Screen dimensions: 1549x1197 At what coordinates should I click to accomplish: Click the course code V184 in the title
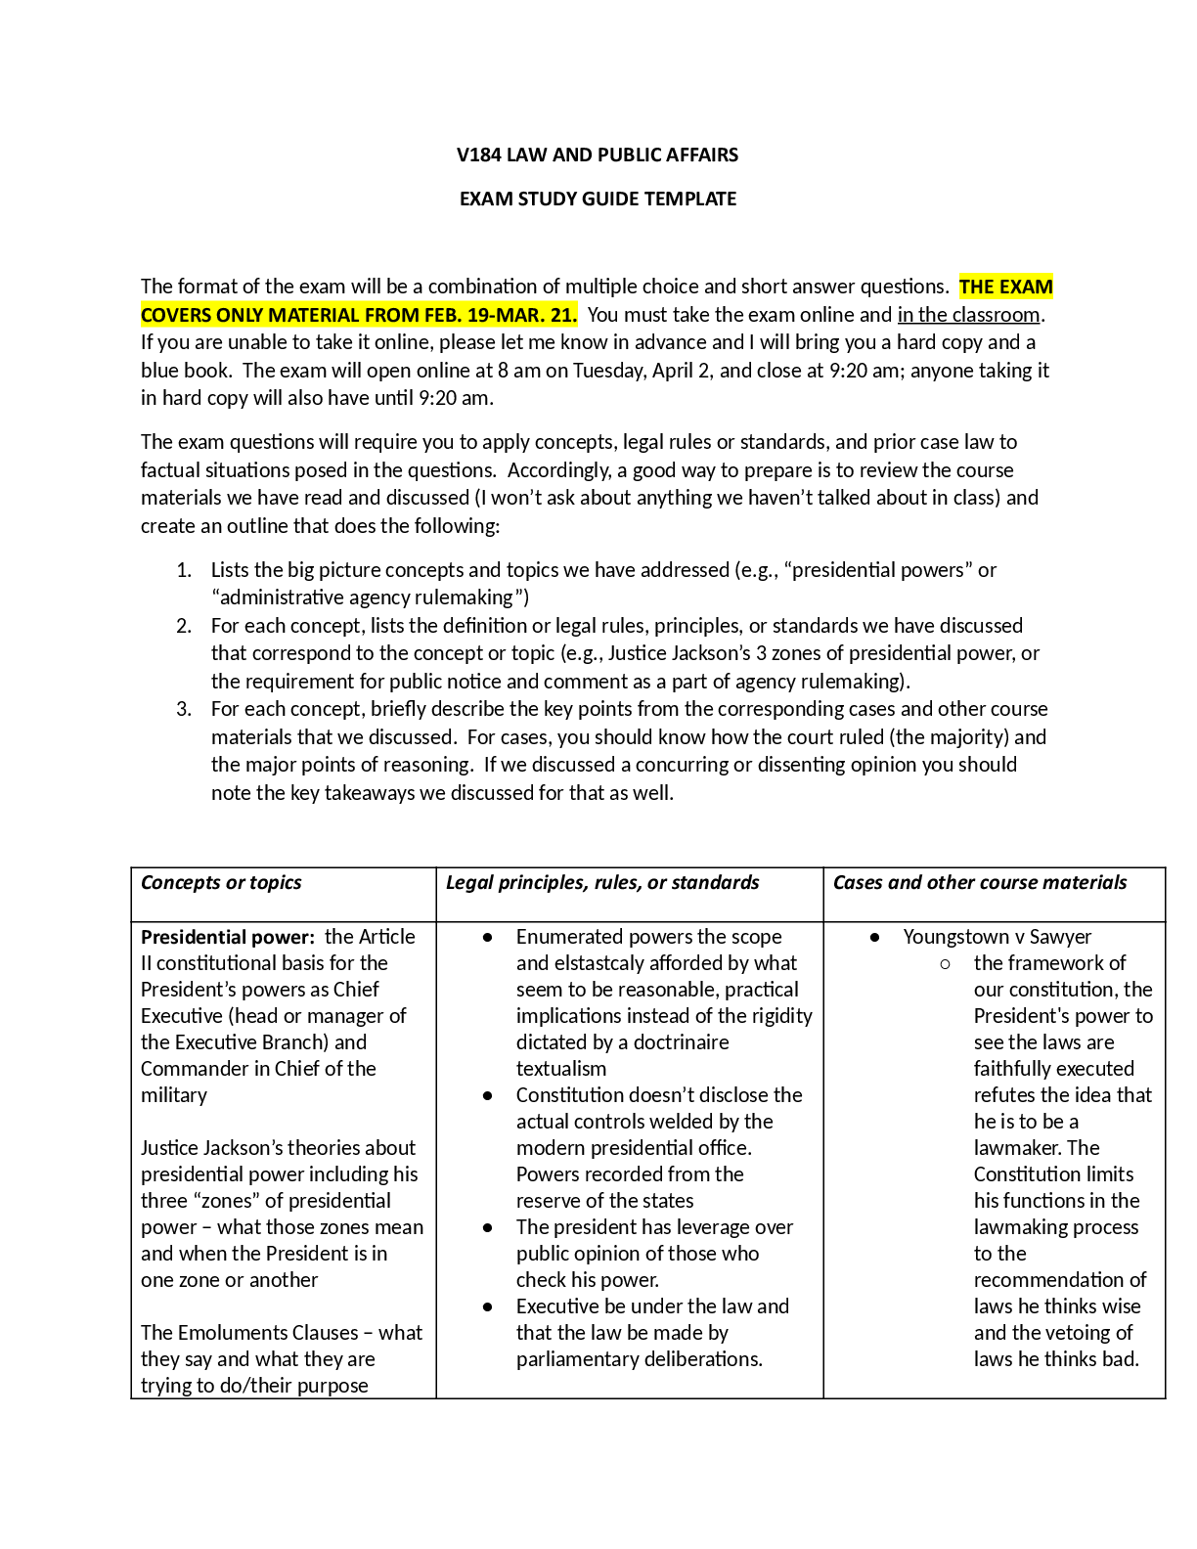point(478,155)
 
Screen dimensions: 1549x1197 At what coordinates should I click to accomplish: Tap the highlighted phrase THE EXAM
point(1005,287)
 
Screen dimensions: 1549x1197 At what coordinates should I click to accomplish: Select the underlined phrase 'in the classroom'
point(968,315)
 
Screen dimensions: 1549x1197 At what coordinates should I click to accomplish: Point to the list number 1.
point(184,570)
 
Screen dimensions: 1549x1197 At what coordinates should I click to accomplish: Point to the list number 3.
point(184,709)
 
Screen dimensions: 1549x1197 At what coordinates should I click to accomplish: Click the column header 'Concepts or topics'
point(221,882)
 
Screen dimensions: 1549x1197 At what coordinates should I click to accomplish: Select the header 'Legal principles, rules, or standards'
point(601,882)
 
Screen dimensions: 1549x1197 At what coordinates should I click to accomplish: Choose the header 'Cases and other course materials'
point(979,882)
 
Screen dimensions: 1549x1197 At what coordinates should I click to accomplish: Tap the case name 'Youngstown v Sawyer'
point(997,937)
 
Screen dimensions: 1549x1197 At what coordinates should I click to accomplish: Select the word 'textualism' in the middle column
point(560,1069)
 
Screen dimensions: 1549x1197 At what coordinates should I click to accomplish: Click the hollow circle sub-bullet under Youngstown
point(945,964)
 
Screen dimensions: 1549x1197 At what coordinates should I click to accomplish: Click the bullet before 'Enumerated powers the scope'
point(487,937)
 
